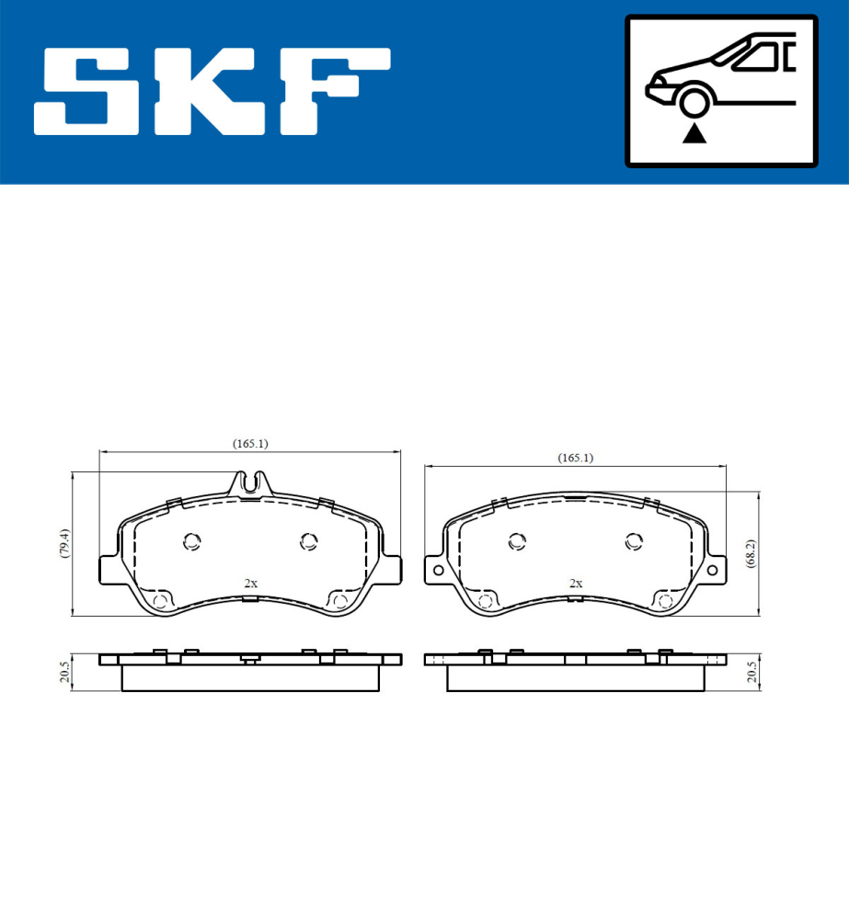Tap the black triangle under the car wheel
[x=694, y=135]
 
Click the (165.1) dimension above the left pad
[x=249, y=444]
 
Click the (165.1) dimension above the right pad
[x=576, y=458]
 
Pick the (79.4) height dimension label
[x=62, y=545]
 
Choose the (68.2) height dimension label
[x=751, y=554]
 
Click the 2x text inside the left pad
[x=250, y=584]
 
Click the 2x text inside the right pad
[x=576, y=584]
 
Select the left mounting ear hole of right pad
[x=438, y=570]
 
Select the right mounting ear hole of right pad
[x=713, y=570]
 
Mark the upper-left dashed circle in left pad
[x=192, y=541]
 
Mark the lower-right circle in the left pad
[x=339, y=602]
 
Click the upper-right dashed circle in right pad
[x=633, y=541]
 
